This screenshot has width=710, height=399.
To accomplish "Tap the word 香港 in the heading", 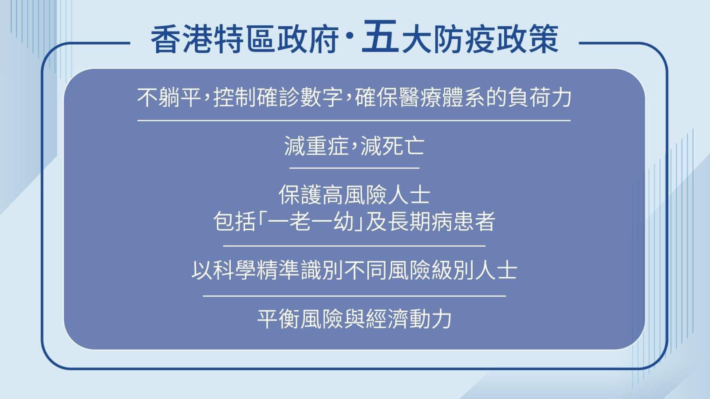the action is click(182, 40).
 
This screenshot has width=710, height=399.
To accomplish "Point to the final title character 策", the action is click(543, 40).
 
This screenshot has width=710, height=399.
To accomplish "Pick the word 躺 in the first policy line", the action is click(169, 97).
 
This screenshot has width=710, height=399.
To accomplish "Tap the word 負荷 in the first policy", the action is click(529, 97).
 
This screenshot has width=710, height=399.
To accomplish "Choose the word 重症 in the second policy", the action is click(327, 146).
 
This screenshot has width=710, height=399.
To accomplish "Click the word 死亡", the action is click(403, 146).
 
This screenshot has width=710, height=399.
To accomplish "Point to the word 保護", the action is click(300, 195).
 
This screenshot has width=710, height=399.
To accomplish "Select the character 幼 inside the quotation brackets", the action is click(343, 221).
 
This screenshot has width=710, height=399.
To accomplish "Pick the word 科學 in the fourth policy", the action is click(234, 270).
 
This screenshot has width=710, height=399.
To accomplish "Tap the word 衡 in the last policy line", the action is click(289, 319).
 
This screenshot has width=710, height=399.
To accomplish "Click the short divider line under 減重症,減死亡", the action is click(355, 168).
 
